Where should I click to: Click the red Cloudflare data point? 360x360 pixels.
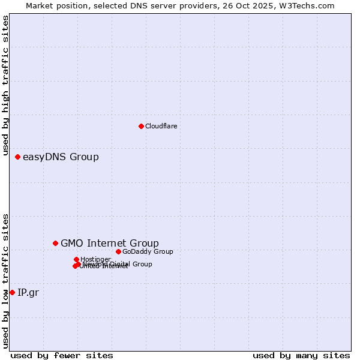coord(141,126)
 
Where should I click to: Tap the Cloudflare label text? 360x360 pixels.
coord(161,126)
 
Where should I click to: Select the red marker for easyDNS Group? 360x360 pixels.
coord(17,157)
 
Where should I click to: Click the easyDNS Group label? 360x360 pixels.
coord(61,157)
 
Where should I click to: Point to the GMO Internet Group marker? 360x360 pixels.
coord(55,243)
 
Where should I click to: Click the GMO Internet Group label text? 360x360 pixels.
coord(110,243)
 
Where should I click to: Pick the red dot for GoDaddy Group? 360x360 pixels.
coord(118,251)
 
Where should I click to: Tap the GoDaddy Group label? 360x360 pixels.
coord(148,251)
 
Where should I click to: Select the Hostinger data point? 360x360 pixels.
coord(76,259)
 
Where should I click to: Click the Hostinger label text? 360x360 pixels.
coord(95,259)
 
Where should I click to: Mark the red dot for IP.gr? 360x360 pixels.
coord(12,292)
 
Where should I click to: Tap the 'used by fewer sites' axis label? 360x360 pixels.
coord(62,355)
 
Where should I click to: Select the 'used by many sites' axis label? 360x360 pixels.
coord(301,355)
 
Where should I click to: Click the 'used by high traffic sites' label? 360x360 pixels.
coord(6,86)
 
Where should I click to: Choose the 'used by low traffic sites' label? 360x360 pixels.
coord(6,280)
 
